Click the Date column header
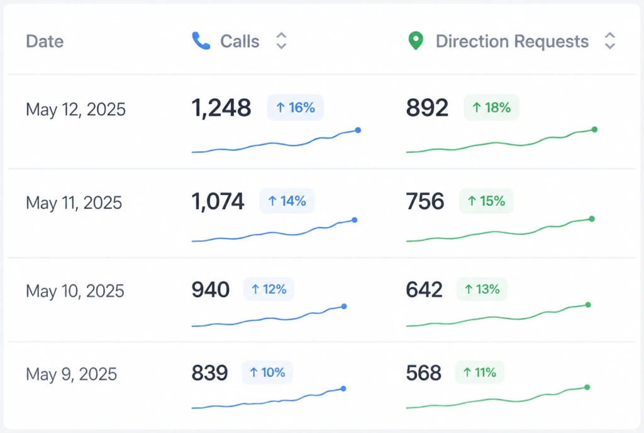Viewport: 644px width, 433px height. (45, 42)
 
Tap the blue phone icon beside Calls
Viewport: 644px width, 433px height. (201, 41)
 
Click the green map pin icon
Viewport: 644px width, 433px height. (416, 41)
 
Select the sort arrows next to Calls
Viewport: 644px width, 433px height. (281, 41)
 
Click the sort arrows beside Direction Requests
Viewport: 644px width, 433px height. (610, 41)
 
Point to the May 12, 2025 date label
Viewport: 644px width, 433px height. (75, 110)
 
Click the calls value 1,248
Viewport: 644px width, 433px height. (221, 108)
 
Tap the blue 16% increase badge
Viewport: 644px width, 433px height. (296, 108)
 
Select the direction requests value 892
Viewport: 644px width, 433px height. (427, 108)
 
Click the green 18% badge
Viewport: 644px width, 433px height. (491, 108)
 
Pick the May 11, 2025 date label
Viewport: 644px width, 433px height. (74, 203)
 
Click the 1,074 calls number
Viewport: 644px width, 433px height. (218, 201)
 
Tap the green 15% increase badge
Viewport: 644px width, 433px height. (486, 201)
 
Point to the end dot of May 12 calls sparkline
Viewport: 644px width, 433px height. (358, 130)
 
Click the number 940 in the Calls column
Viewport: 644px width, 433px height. (210, 290)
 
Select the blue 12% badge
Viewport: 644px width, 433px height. (269, 290)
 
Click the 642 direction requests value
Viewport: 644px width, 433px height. (425, 290)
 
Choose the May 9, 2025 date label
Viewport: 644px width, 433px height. (72, 374)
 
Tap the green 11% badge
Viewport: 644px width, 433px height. (480, 373)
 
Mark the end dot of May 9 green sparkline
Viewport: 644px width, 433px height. (587, 388)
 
